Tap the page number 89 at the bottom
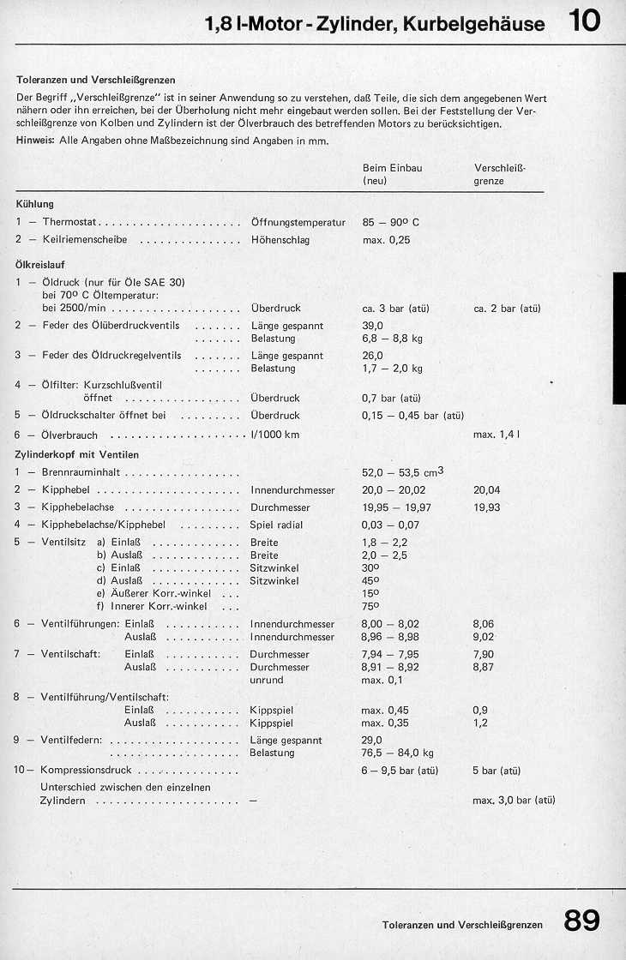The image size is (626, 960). (x=582, y=921)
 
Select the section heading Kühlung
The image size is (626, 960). (x=35, y=204)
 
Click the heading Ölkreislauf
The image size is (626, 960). (x=40, y=265)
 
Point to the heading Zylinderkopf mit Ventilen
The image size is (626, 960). (x=77, y=454)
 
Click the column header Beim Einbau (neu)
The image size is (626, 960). (x=393, y=175)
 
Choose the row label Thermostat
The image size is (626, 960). (x=70, y=222)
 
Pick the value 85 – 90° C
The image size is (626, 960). (x=391, y=222)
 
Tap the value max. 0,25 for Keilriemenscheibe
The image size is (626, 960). (x=386, y=240)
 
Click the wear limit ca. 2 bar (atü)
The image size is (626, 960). (x=507, y=308)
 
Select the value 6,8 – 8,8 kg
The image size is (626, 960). (x=393, y=339)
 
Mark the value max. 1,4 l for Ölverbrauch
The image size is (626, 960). (x=497, y=435)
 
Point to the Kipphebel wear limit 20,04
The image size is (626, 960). (x=486, y=490)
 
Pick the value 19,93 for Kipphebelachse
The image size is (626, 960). (x=486, y=507)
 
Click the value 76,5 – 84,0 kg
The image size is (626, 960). (x=398, y=753)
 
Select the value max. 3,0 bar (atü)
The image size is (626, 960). (x=514, y=800)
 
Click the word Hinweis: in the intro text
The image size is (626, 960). (x=36, y=141)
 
